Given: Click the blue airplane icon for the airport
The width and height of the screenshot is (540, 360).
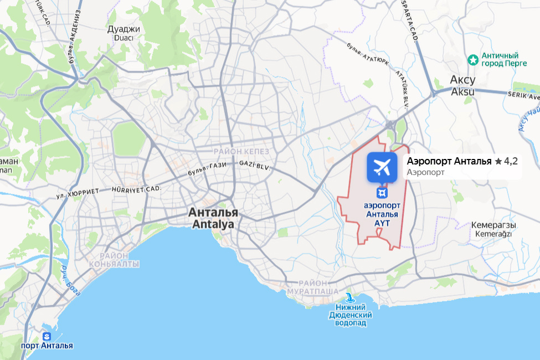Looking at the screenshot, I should (x=382, y=167).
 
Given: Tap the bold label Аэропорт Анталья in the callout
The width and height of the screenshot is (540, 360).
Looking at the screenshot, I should (x=449, y=162).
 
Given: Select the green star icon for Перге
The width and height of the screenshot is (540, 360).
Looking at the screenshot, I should (x=473, y=59).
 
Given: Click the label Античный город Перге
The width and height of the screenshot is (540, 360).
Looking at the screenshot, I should (x=500, y=60).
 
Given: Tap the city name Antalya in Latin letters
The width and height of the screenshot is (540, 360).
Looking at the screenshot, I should (x=213, y=225).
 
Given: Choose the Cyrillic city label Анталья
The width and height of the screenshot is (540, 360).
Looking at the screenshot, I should (x=213, y=212).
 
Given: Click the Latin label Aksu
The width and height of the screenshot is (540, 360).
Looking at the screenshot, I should (x=462, y=92).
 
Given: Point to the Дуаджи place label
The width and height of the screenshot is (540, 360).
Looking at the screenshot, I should (x=124, y=29).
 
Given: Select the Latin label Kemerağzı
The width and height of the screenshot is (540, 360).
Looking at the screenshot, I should (x=493, y=234).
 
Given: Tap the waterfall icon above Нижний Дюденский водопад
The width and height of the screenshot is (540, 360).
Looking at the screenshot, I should (x=349, y=297).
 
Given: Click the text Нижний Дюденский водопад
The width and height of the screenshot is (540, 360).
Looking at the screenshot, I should (x=350, y=315).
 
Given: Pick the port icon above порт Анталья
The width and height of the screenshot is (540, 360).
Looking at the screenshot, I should (x=47, y=336).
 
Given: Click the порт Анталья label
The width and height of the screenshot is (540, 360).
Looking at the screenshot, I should (x=47, y=346).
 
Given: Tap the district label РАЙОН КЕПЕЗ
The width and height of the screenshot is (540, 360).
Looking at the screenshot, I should (x=241, y=151).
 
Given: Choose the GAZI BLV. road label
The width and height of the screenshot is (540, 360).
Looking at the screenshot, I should (x=254, y=164).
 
